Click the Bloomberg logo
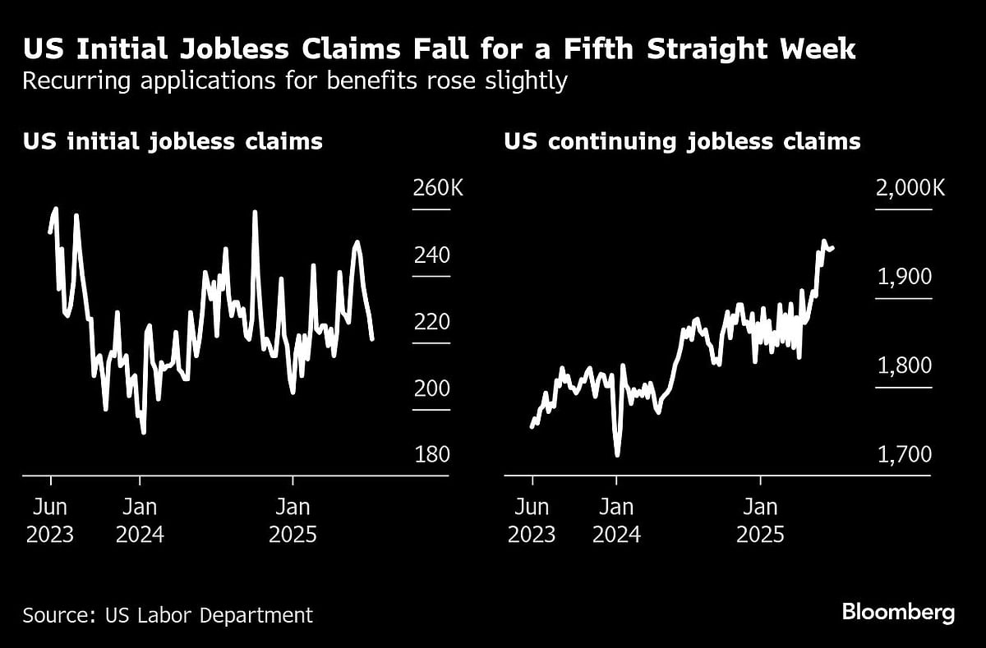pyautogui.click(x=898, y=612)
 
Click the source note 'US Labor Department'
pyautogui.click(x=168, y=614)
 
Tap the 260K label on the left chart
pyautogui.click(x=437, y=188)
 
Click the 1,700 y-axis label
pyautogui.click(x=905, y=454)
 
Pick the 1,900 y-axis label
pyautogui.click(x=905, y=277)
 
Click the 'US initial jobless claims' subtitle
pyautogui.click(x=173, y=141)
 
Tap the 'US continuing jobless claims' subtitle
pyautogui.click(x=682, y=141)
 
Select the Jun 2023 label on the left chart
pyautogui.click(x=50, y=520)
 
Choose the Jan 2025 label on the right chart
pyautogui.click(x=761, y=520)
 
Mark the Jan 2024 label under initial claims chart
pyautogui.click(x=140, y=520)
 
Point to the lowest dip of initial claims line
pyautogui.click(x=144, y=432)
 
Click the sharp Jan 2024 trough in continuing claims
pyautogui.click(x=617, y=453)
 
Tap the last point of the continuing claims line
pyautogui.click(x=833, y=247)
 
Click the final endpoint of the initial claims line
pyautogui.click(x=373, y=338)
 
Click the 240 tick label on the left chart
pyautogui.click(x=431, y=255)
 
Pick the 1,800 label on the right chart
pyautogui.click(x=905, y=365)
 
